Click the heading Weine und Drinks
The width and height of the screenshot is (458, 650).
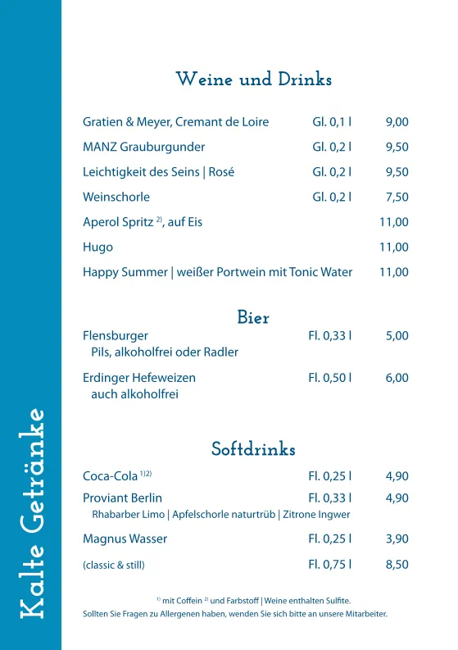pyautogui.click(x=253, y=80)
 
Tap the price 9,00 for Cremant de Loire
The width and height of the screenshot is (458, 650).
pyautogui.click(x=397, y=123)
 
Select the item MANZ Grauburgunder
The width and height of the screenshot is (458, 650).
pyautogui.click(x=143, y=148)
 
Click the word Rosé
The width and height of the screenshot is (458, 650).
pyautogui.click(x=222, y=172)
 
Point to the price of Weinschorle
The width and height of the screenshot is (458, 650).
pyautogui.click(x=397, y=197)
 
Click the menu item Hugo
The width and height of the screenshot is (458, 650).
pyautogui.click(x=97, y=247)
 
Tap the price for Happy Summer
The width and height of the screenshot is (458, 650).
pyautogui.click(x=393, y=272)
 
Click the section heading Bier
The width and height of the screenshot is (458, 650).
pyautogui.click(x=253, y=318)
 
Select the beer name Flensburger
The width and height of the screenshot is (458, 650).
pyautogui.click(x=116, y=335)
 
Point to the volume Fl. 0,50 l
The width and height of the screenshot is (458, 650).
pyautogui.click(x=329, y=378)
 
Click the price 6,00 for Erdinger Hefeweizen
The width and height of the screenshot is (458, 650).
pyautogui.click(x=397, y=378)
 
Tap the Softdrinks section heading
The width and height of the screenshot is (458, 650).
pyautogui.click(x=253, y=450)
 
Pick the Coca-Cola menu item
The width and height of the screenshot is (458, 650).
pyautogui.click(x=111, y=476)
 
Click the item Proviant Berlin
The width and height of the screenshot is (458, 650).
pyautogui.click(x=122, y=498)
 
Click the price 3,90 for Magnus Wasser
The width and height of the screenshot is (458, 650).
pyautogui.click(x=397, y=539)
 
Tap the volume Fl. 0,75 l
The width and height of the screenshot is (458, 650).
pyautogui.click(x=329, y=564)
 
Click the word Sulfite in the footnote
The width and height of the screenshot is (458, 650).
pyautogui.click(x=336, y=601)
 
